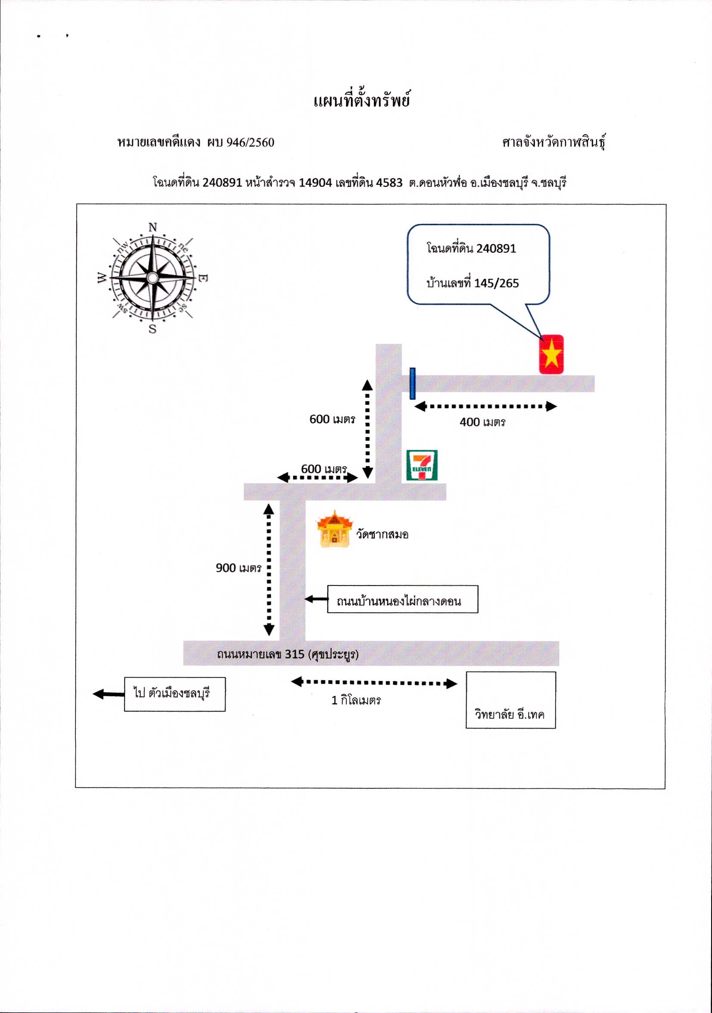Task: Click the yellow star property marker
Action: point(551,354)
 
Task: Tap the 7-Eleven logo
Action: point(422,465)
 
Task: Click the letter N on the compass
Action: point(153,227)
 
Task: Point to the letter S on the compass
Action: point(153,328)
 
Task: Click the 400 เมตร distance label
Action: point(483,422)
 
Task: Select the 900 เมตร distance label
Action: point(238,568)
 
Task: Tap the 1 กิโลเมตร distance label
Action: point(356,700)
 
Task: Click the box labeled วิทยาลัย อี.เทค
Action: point(511,700)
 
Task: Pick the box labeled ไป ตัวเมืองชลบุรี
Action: point(175,694)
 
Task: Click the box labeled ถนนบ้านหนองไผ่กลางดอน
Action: point(402,599)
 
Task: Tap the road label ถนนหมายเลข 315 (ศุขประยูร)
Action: point(288,654)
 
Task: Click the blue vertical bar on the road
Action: point(412,384)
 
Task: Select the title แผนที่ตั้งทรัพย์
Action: point(362,100)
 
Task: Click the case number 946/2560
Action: point(250,143)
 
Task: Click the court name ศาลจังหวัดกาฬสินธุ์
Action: point(554,142)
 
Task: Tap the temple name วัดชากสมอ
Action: point(382,534)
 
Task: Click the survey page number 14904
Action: point(316,182)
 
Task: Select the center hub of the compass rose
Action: point(153,278)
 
